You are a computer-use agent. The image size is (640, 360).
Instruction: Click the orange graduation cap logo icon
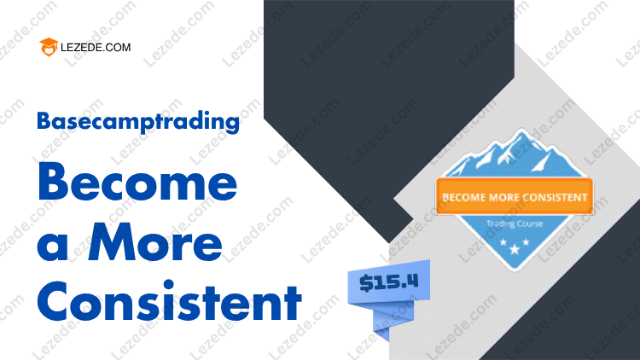point(49,47)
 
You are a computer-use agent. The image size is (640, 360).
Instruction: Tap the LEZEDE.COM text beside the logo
point(96,48)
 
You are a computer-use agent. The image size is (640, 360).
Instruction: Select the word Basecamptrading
point(138,121)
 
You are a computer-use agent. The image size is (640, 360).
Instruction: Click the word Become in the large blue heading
point(137,181)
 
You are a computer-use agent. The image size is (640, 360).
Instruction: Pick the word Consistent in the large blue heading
point(170,302)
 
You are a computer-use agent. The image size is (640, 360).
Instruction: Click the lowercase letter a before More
point(52,247)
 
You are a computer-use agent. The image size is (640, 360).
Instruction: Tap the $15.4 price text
point(388,282)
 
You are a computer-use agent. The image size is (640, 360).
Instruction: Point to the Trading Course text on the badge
point(515,224)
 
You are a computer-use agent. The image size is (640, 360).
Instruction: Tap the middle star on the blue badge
point(515,248)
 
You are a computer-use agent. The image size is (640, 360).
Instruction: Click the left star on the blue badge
point(503,242)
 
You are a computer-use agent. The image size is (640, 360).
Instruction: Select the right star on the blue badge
point(526,242)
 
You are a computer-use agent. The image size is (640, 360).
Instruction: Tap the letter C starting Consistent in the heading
point(54,302)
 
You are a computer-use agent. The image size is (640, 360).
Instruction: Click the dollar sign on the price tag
point(366,284)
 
